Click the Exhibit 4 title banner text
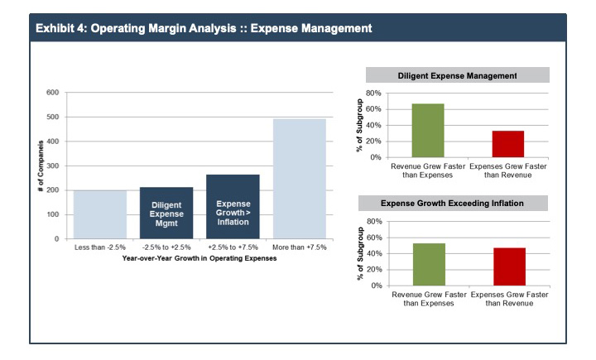click(204, 28)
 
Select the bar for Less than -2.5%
click(100, 214)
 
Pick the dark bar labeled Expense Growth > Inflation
click(233, 207)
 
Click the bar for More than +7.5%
click(300, 179)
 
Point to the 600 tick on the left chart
click(53, 93)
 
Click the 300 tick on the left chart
click(53, 166)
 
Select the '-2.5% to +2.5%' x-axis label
click(166, 247)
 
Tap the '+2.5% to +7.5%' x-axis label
click(233, 247)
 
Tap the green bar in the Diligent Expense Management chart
click(429, 130)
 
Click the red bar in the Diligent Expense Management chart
click(508, 143)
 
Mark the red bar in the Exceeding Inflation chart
click(508, 266)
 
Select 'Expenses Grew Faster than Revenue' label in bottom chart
click(508, 300)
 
